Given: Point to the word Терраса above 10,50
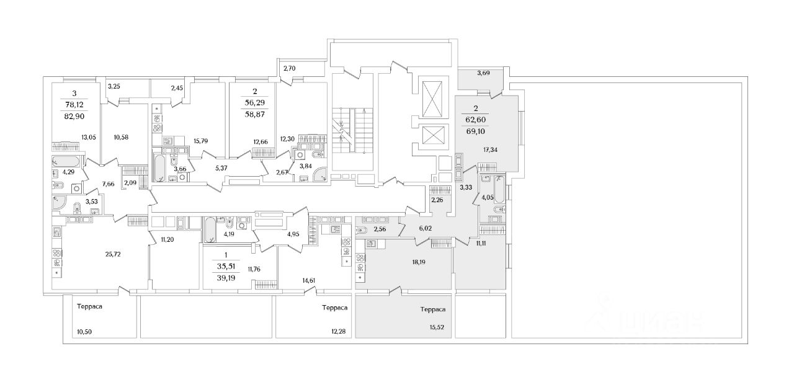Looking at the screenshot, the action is [x=89, y=307].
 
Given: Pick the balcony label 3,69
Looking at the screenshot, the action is [x=483, y=73].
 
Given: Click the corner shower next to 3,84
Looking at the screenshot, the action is [x=321, y=174].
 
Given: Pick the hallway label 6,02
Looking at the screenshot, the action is [x=425, y=228].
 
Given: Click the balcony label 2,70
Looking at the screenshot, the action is [x=290, y=69].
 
